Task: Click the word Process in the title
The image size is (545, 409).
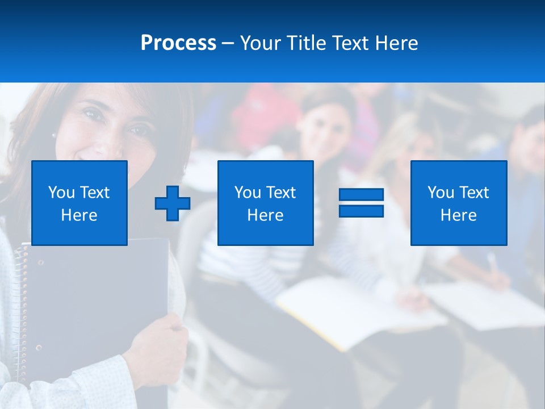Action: coord(178,43)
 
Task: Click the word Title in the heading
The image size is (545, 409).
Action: coord(304,43)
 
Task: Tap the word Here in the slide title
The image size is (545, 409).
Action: coord(396,43)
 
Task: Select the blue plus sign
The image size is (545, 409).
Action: coord(173,203)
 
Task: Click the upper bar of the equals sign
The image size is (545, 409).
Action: coord(361,195)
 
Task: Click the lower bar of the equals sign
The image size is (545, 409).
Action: coord(361,211)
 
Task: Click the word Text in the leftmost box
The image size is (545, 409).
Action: coord(94,193)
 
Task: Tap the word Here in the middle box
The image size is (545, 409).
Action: coord(265,215)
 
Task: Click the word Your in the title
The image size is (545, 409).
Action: coord(259,43)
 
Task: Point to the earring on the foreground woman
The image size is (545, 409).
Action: coord(53,136)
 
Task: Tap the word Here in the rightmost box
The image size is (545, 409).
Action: coord(458,215)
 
